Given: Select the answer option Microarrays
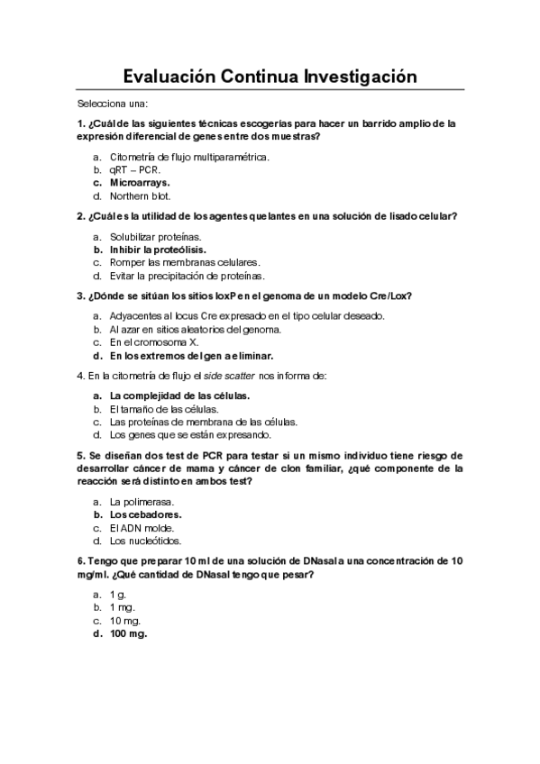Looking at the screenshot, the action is [x=140, y=182].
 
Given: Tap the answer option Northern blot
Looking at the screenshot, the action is [x=140, y=196].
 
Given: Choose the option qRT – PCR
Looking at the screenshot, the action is [x=135, y=168].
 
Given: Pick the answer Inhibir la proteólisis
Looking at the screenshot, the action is [x=158, y=249].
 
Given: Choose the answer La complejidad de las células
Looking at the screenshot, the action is [x=179, y=396].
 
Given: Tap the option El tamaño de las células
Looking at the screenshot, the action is [x=158, y=409].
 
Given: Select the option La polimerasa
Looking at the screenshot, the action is [x=142, y=502].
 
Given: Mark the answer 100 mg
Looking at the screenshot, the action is [x=128, y=633].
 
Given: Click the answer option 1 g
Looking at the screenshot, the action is [x=117, y=595].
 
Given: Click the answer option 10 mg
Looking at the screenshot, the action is [x=125, y=621].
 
